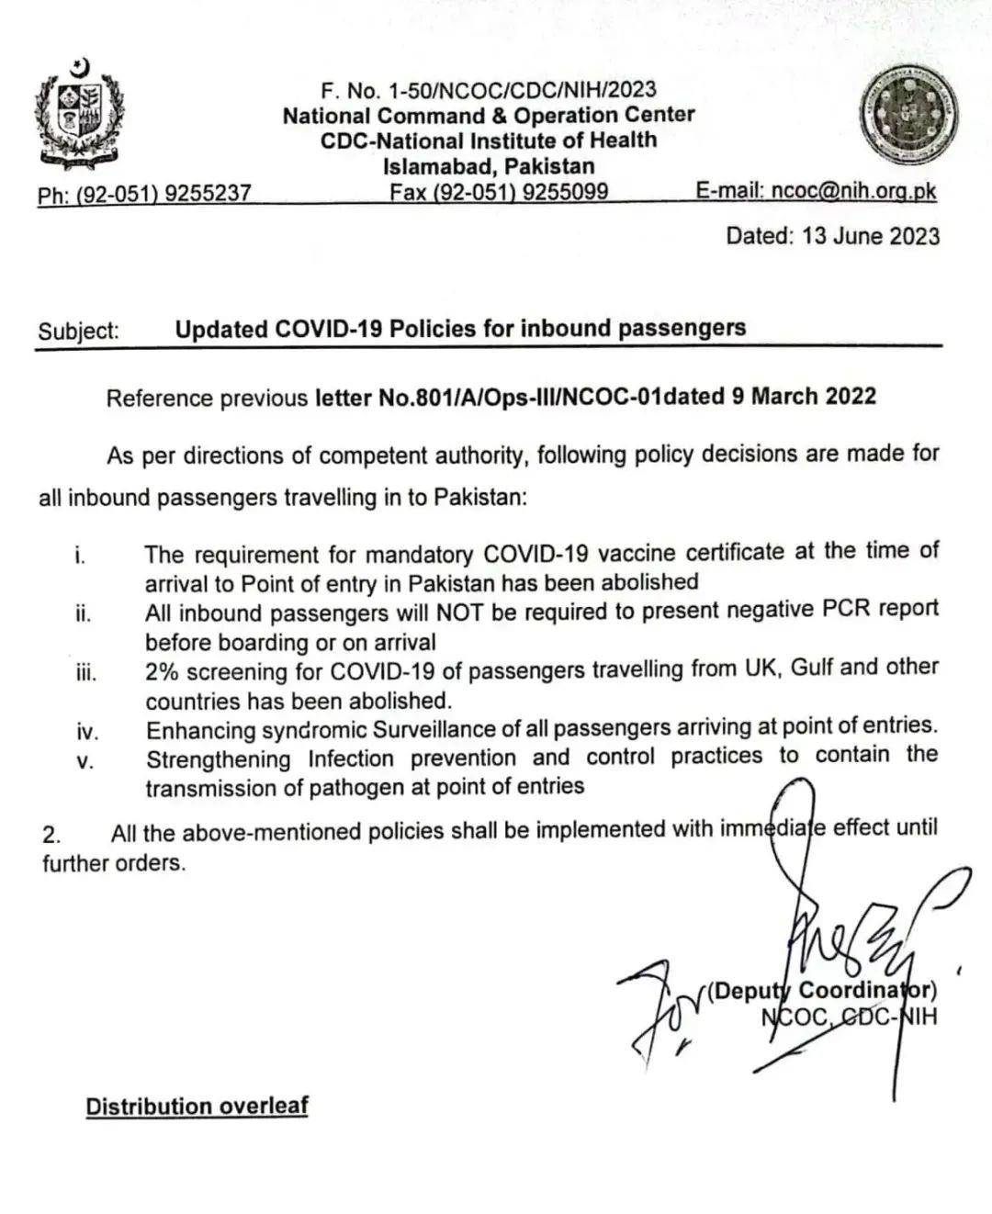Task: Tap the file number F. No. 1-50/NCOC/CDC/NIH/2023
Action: tap(488, 90)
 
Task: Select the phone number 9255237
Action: tap(209, 194)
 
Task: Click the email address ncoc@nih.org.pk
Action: tap(854, 190)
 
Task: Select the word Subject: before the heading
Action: tap(79, 331)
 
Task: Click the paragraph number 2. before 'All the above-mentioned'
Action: tap(51, 835)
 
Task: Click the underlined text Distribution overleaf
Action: tap(197, 1106)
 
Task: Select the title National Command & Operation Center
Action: tap(488, 116)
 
